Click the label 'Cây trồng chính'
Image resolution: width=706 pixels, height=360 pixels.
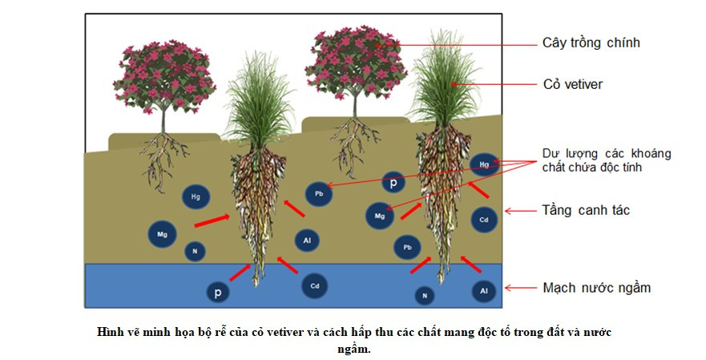[x=591, y=43]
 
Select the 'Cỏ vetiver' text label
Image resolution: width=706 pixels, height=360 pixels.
[x=572, y=84]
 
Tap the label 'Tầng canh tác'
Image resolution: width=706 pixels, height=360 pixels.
[x=586, y=211]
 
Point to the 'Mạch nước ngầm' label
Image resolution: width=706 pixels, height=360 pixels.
[x=596, y=287]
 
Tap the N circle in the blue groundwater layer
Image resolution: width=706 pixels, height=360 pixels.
[x=426, y=296]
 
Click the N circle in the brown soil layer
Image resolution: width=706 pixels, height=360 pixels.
[x=194, y=252]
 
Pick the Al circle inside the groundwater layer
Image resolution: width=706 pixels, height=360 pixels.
[x=484, y=290]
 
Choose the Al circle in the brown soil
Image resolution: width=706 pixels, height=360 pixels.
[x=308, y=239]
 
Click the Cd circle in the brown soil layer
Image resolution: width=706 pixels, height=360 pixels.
[x=484, y=219]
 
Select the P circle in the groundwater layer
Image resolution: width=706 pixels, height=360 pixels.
[x=217, y=293]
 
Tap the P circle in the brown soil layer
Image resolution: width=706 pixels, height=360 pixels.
[x=393, y=183]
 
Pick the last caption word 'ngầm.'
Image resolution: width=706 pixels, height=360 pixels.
[x=353, y=349]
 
